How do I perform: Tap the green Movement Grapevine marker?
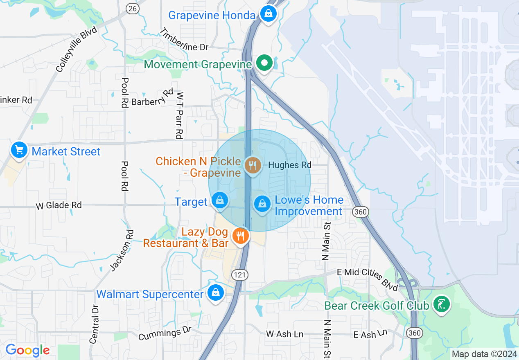click(264, 63)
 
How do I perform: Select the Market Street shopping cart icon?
click(19, 150)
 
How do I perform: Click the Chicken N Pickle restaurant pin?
click(253, 165)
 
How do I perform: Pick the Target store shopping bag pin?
click(220, 200)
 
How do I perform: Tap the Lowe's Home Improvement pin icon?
click(262, 203)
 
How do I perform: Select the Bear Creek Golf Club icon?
click(442, 304)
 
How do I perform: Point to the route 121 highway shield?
click(239, 274)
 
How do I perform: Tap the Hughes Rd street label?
click(290, 165)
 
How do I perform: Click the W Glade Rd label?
click(59, 205)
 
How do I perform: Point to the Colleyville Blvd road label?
click(77, 49)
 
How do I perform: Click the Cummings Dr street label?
click(165, 333)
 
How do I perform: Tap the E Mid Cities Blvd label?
click(367, 279)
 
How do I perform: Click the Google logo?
click(27, 350)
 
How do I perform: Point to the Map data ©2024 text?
click(484, 354)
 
